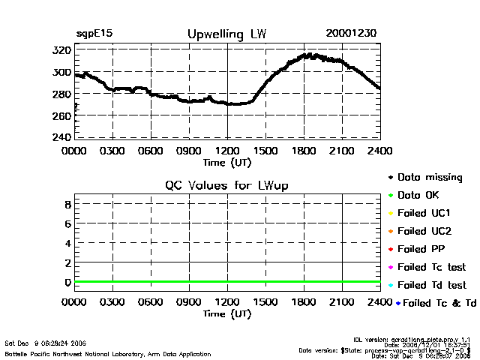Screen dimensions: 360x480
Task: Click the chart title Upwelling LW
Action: (226, 34)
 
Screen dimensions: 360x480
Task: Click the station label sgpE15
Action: (92, 34)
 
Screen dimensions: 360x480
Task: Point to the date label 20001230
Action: (351, 34)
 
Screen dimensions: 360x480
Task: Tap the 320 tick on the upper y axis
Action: (62, 50)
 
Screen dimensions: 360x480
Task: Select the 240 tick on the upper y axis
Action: (62, 137)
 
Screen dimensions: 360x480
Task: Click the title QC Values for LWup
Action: (226, 185)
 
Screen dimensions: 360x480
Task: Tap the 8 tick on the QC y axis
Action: (67, 204)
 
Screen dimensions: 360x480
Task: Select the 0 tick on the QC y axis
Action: (67, 283)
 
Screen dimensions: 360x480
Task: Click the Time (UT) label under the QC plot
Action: (227, 313)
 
